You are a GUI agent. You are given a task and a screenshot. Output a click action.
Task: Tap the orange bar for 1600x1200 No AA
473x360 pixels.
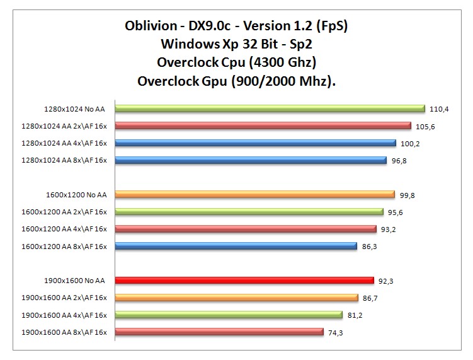[x=254, y=194]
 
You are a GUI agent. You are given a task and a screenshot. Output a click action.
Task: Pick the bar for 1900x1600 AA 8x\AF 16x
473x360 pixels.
[x=219, y=332]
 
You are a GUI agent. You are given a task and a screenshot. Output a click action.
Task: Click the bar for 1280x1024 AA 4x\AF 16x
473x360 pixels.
[x=255, y=143]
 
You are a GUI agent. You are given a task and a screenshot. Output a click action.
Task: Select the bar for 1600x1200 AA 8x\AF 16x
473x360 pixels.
[x=236, y=246]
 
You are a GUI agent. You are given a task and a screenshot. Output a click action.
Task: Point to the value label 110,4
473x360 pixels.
[x=438, y=109]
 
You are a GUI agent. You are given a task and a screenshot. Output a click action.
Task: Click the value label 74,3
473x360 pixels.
[x=336, y=332]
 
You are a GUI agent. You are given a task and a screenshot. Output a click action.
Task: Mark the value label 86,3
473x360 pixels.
[x=370, y=247]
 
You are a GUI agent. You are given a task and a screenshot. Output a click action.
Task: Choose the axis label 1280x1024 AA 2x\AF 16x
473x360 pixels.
[x=64, y=126]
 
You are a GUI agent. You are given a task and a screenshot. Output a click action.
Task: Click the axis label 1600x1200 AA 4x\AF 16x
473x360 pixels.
[x=64, y=229]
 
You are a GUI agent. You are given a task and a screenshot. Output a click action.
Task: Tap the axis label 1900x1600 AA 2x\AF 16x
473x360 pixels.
[x=64, y=298]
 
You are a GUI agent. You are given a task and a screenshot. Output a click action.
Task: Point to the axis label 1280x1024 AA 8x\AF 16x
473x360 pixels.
[x=64, y=160]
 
